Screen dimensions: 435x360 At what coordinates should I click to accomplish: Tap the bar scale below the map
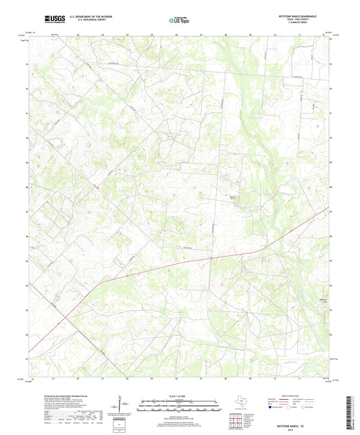tap(180, 406)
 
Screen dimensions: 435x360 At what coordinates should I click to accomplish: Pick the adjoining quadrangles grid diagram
tap(236, 421)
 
